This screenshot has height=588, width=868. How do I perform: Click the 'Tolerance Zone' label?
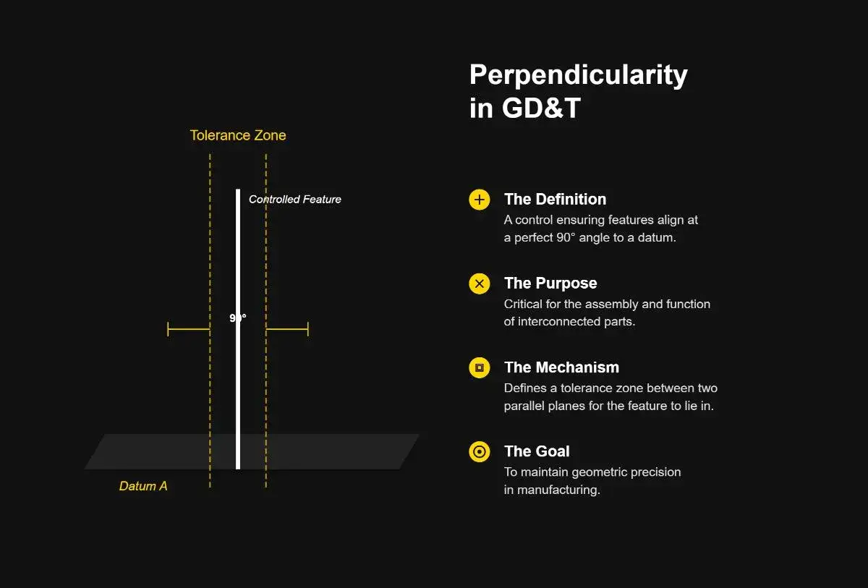coord(237,135)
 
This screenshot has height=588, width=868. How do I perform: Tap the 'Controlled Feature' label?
coord(294,200)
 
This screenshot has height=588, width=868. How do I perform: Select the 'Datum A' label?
coord(143,486)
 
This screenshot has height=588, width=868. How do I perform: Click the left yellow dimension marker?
coord(188,329)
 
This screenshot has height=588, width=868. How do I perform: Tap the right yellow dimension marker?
coord(287,329)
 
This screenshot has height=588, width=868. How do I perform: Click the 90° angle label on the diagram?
coord(238,318)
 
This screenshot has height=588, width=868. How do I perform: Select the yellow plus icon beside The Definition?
coord(479,200)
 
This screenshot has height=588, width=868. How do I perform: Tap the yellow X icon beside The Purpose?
coord(479,284)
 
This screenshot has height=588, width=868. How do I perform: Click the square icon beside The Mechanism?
coord(479,368)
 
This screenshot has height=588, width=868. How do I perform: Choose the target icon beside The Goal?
coord(479,452)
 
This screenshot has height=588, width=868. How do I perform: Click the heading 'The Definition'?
coord(555,200)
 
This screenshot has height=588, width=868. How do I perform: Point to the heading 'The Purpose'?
coord(550,284)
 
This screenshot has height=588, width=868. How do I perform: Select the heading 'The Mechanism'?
coord(561,367)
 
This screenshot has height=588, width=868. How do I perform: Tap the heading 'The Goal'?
coord(537,451)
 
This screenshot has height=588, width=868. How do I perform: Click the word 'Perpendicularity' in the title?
coord(578,75)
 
